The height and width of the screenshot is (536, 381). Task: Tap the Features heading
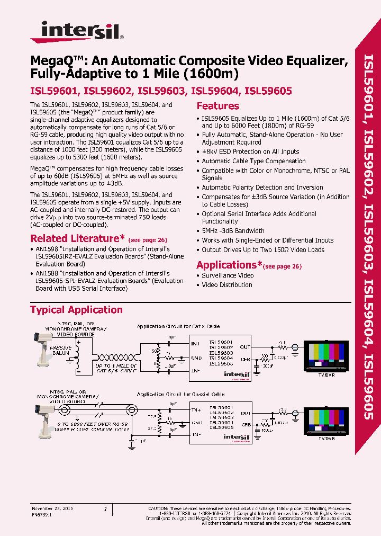pos(217,106)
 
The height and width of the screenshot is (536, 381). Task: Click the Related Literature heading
pos(73,238)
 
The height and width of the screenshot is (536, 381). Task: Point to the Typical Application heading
pos(76,310)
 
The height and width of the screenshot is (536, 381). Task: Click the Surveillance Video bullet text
pos(228,275)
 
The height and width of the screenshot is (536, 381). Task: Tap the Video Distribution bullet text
pos(227,285)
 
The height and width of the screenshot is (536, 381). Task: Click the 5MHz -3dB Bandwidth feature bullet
pos(233,231)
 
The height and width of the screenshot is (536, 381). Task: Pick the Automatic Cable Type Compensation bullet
pos(253,161)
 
